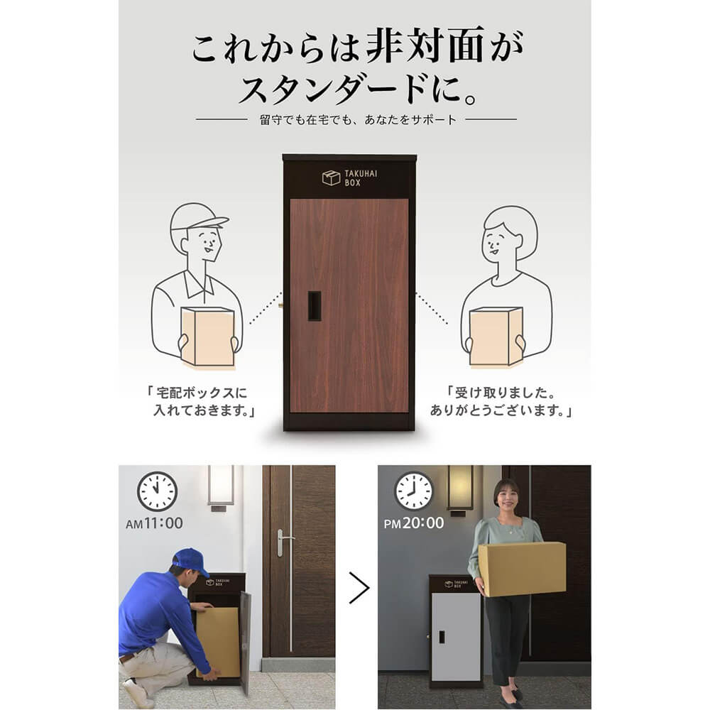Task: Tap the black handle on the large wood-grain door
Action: click(x=315, y=306)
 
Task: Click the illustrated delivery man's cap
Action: click(x=197, y=217)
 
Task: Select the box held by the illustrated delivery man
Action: click(x=207, y=336)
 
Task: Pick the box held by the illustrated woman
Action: click(x=496, y=336)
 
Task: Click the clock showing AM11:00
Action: click(x=157, y=491)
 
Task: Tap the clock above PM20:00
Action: click(x=414, y=491)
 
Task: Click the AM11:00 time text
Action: click(x=154, y=523)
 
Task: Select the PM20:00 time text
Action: click(x=414, y=523)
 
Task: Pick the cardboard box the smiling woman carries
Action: click(x=522, y=569)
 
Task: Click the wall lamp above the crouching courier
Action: click(x=221, y=487)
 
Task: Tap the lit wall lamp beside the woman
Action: click(x=460, y=489)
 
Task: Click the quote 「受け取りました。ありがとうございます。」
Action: click(x=501, y=401)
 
